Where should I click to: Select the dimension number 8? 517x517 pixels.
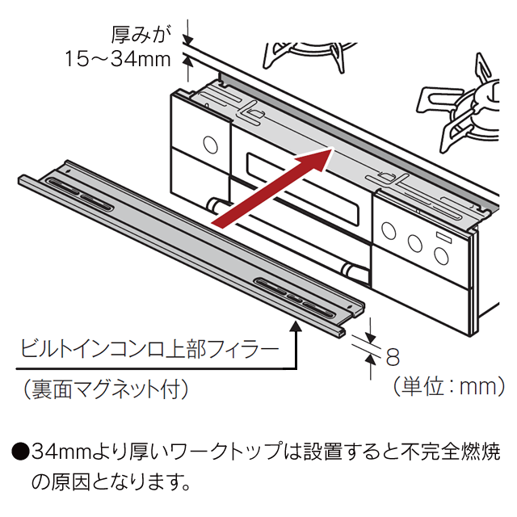(x=393, y=355)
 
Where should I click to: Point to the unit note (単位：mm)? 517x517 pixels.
(x=442, y=387)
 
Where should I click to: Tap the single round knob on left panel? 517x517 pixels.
(x=210, y=145)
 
